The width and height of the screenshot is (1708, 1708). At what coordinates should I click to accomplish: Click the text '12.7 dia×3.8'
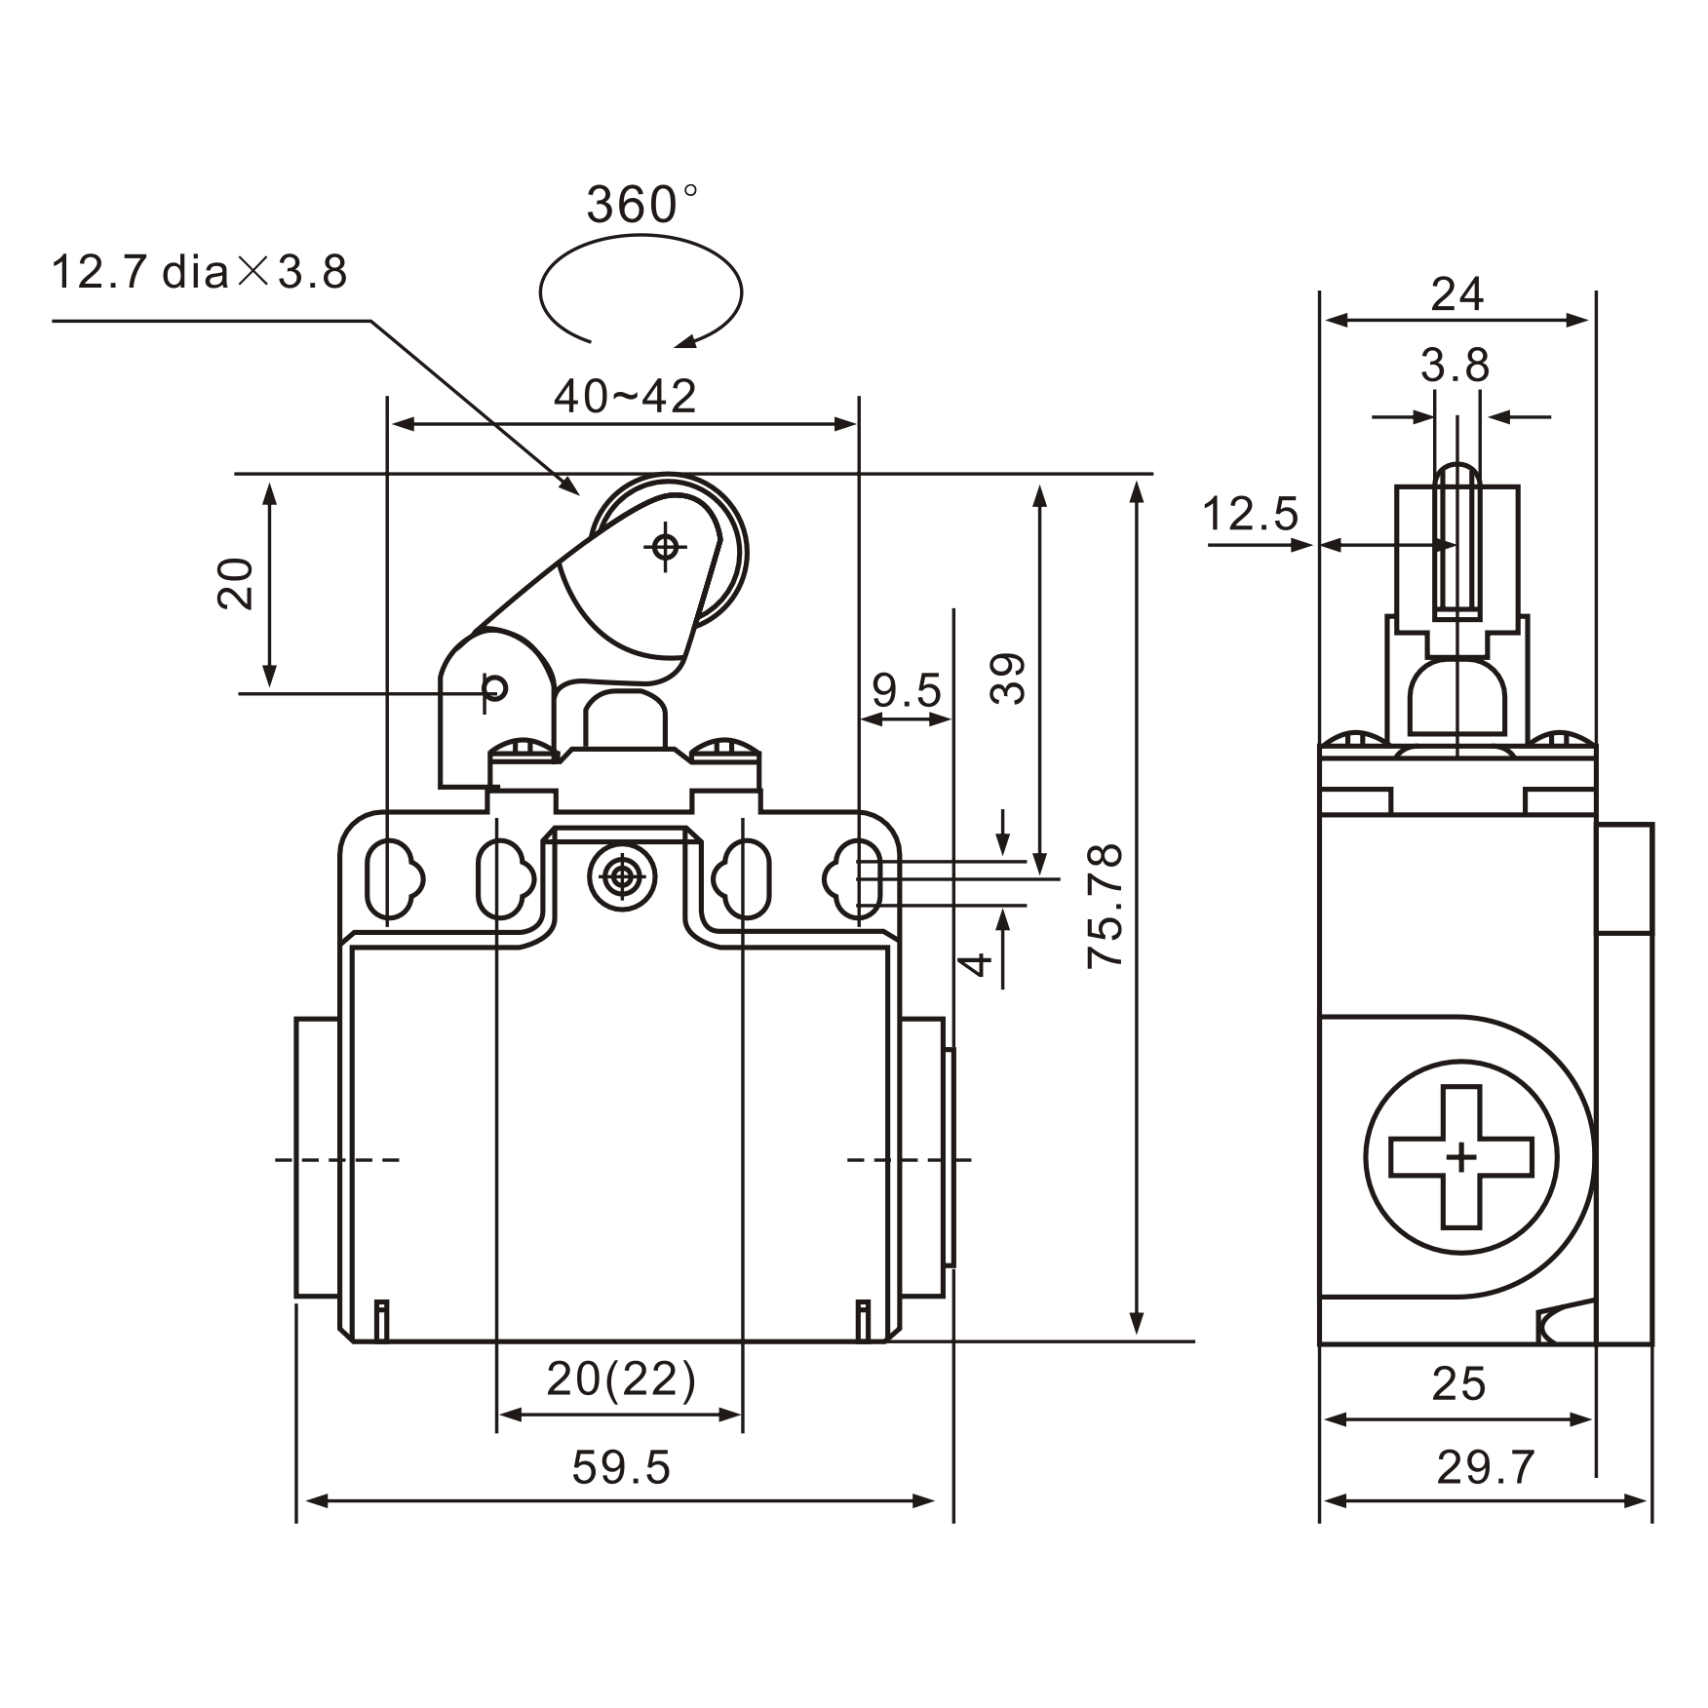click(x=199, y=272)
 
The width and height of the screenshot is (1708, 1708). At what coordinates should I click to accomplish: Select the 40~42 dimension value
click(x=625, y=397)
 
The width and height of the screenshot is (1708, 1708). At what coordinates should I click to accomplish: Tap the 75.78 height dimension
click(x=1106, y=905)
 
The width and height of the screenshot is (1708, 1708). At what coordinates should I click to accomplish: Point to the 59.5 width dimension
click(x=621, y=1467)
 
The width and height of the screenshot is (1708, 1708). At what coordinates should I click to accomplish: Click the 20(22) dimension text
click(x=621, y=1378)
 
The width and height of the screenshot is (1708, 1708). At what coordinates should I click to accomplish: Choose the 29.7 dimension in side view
click(x=1486, y=1467)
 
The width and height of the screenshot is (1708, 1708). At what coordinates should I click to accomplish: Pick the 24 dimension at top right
click(x=1456, y=294)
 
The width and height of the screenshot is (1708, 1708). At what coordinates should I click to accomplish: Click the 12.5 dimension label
click(x=1250, y=515)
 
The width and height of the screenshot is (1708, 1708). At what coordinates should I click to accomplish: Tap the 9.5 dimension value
click(x=907, y=691)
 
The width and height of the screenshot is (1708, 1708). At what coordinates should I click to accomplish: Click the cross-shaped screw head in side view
click(x=1460, y=1157)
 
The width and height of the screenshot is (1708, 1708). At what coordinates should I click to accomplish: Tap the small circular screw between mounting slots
click(x=621, y=878)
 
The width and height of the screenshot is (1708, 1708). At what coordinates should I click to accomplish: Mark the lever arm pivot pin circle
click(x=495, y=688)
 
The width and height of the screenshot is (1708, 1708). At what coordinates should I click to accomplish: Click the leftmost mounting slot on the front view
click(x=390, y=878)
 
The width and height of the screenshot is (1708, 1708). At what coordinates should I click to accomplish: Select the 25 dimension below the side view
click(x=1458, y=1384)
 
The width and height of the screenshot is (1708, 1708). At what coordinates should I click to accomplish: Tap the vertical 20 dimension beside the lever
click(x=236, y=583)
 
